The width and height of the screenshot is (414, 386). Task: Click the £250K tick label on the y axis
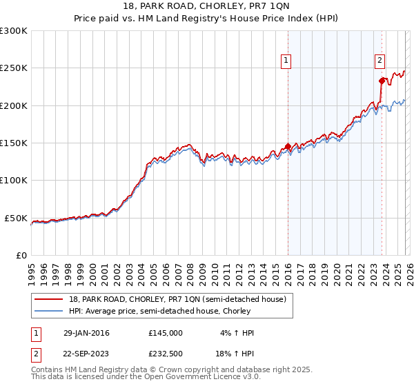[14, 68]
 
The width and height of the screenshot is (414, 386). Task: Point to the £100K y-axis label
[14, 181]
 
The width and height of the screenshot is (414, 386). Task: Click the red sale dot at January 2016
[288, 146]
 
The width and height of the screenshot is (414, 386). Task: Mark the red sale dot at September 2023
[382, 81]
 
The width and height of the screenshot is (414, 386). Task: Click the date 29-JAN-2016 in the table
[86, 333]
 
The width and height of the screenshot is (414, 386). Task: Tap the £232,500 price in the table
[165, 354]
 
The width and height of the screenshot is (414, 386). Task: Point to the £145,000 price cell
[165, 333]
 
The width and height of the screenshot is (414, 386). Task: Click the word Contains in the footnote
[48, 370]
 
